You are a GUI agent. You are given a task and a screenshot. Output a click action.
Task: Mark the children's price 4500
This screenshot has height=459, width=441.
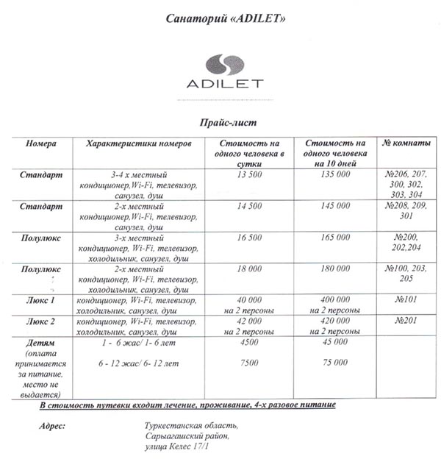pyautogui.click(x=250, y=341)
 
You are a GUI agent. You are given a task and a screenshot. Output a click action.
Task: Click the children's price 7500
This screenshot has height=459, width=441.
pyautogui.click(x=250, y=363)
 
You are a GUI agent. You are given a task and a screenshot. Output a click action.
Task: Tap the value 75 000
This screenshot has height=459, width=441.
pyautogui.click(x=335, y=363)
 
